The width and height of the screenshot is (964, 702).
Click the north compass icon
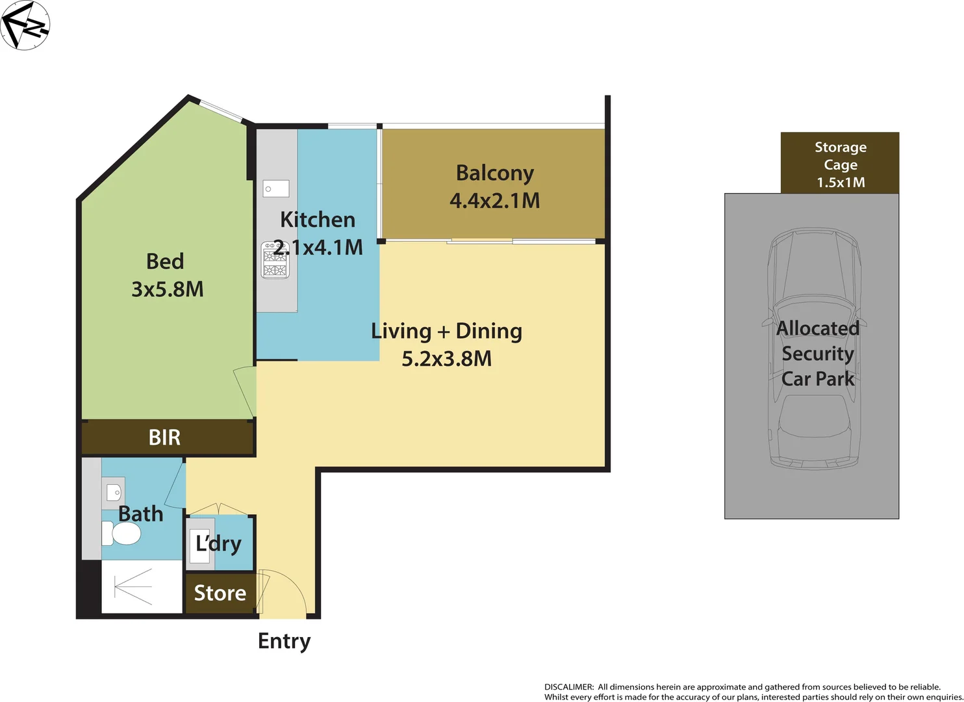25,25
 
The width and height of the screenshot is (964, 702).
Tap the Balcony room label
494,173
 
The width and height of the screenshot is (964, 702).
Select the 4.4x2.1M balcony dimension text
494,201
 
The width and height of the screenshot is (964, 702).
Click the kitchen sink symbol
276,189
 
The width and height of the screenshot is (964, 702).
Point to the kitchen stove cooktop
275,261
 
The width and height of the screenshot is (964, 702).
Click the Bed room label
165,261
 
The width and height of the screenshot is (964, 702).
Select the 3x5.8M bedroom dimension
168,289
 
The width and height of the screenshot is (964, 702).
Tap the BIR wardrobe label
164,437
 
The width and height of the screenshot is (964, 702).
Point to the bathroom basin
114,492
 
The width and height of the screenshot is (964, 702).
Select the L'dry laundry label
218,543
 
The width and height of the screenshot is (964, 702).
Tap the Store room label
220,593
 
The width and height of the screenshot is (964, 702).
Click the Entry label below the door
284,641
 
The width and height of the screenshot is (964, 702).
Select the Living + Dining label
446,331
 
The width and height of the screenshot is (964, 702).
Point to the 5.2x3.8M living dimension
446,359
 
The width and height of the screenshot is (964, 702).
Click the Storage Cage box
839,164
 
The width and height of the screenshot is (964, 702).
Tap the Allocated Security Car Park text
817,354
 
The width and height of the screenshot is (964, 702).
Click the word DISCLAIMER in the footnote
568,687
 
